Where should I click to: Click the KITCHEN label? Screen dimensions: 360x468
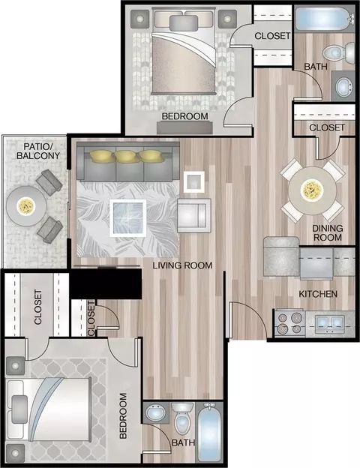[x=318, y=294]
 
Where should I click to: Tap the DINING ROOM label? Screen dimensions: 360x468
[x=328, y=232]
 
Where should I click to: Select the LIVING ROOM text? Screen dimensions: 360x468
[x=182, y=265]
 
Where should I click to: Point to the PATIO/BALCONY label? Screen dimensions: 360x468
[x=38, y=151]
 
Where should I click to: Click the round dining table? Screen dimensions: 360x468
[x=312, y=190]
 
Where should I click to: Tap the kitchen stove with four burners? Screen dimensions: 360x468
[x=289, y=323]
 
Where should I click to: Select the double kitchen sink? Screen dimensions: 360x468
[x=328, y=323]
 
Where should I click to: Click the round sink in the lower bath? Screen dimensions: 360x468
[x=156, y=412]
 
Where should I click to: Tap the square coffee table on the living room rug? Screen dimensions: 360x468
[x=127, y=218]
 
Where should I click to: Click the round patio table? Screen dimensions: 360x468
[x=26, y=206]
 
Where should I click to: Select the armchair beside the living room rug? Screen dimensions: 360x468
[x=194, y=215]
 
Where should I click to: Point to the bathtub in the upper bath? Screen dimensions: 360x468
[x=325, y=19]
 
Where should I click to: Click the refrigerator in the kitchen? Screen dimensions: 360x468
[x=281, y=257]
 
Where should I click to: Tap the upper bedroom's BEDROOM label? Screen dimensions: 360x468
[x=184, y=116]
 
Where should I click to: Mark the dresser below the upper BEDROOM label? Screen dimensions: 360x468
[x=184, y=127]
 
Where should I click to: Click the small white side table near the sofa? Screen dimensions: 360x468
[x=194, y=181]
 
